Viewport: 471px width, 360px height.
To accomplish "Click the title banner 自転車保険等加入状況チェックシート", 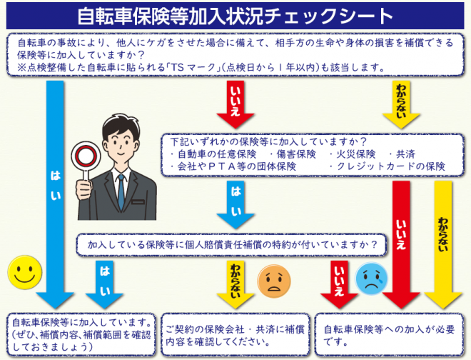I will [x=235, y=15].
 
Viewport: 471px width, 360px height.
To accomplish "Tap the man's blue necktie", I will [x=121, y=188].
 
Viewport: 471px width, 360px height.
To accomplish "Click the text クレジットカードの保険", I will [x=390, y=166].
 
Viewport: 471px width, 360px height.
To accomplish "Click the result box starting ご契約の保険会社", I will [x=235, y=334].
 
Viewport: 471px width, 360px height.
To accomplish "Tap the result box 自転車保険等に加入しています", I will [x=79, y=334].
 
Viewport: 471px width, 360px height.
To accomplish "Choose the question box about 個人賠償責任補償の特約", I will [x=233, y=244].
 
